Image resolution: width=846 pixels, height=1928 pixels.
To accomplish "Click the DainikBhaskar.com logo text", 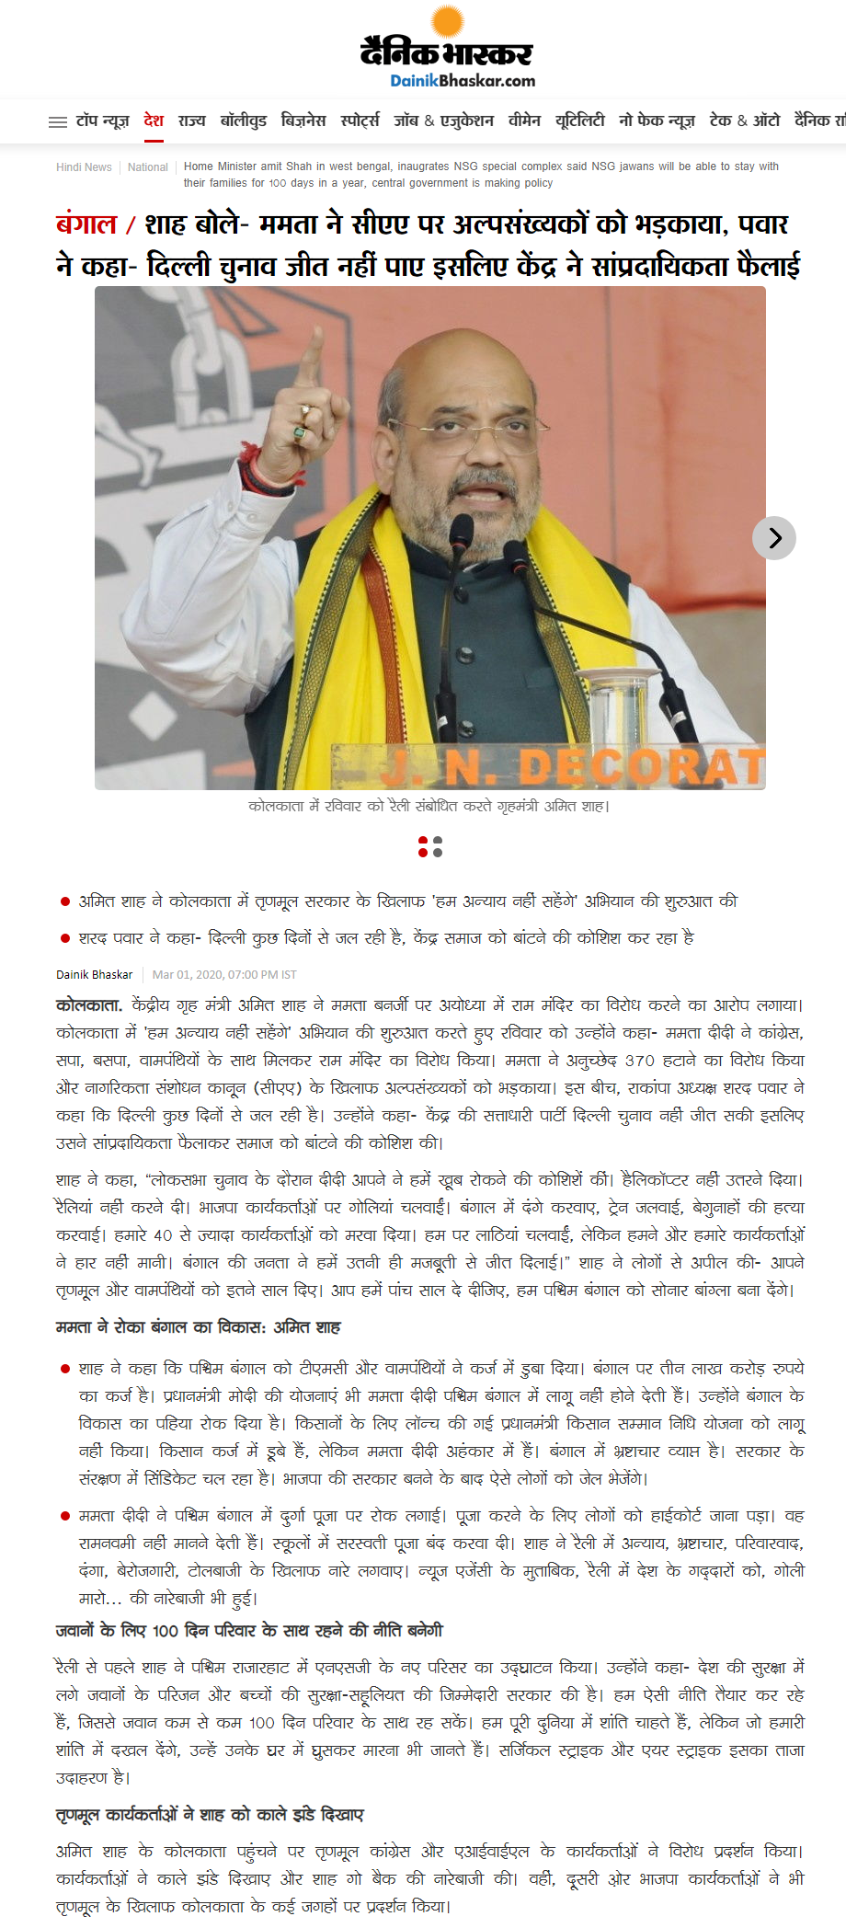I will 462,81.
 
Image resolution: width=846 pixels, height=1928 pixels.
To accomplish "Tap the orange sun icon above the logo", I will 448,20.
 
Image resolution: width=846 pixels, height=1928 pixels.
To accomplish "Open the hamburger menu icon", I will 58,121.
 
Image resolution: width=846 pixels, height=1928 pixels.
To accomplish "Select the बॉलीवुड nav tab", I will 244,120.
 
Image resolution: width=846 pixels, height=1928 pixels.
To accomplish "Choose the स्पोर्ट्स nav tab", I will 360,120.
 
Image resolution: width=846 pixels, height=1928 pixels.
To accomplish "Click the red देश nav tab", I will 154,120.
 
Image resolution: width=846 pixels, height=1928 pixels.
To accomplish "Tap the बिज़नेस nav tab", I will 303,120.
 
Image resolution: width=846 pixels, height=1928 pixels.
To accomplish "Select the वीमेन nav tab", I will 524,120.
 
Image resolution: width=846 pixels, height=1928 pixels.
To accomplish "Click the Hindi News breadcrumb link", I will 84,167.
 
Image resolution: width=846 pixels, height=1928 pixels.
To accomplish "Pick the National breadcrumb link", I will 148,167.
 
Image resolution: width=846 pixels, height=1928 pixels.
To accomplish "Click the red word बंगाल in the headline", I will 86,224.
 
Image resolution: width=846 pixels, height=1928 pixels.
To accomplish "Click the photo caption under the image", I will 429,807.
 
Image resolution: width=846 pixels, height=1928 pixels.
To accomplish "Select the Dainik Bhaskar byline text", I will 94,975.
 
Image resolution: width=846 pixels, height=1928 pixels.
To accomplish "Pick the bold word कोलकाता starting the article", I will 89,1005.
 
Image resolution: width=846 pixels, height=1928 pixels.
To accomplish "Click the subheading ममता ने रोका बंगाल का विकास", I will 198,1327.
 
